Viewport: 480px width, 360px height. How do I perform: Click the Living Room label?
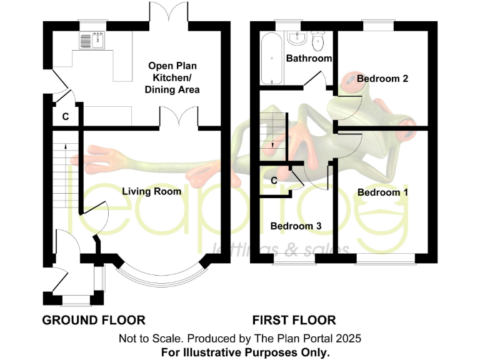(151, 191)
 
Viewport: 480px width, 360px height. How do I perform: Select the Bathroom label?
(309, 58)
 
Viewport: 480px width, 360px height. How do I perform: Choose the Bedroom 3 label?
(296, 226)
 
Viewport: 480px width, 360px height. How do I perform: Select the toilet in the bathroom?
(317, 41)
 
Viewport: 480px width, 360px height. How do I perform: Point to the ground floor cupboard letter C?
(65, 117)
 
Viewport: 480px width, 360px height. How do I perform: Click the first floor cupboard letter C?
(274, 181)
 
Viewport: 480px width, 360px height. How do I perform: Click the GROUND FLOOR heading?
(94, 321)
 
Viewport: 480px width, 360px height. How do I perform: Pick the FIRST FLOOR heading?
(294, 321)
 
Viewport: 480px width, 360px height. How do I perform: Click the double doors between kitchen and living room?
(179, 117)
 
